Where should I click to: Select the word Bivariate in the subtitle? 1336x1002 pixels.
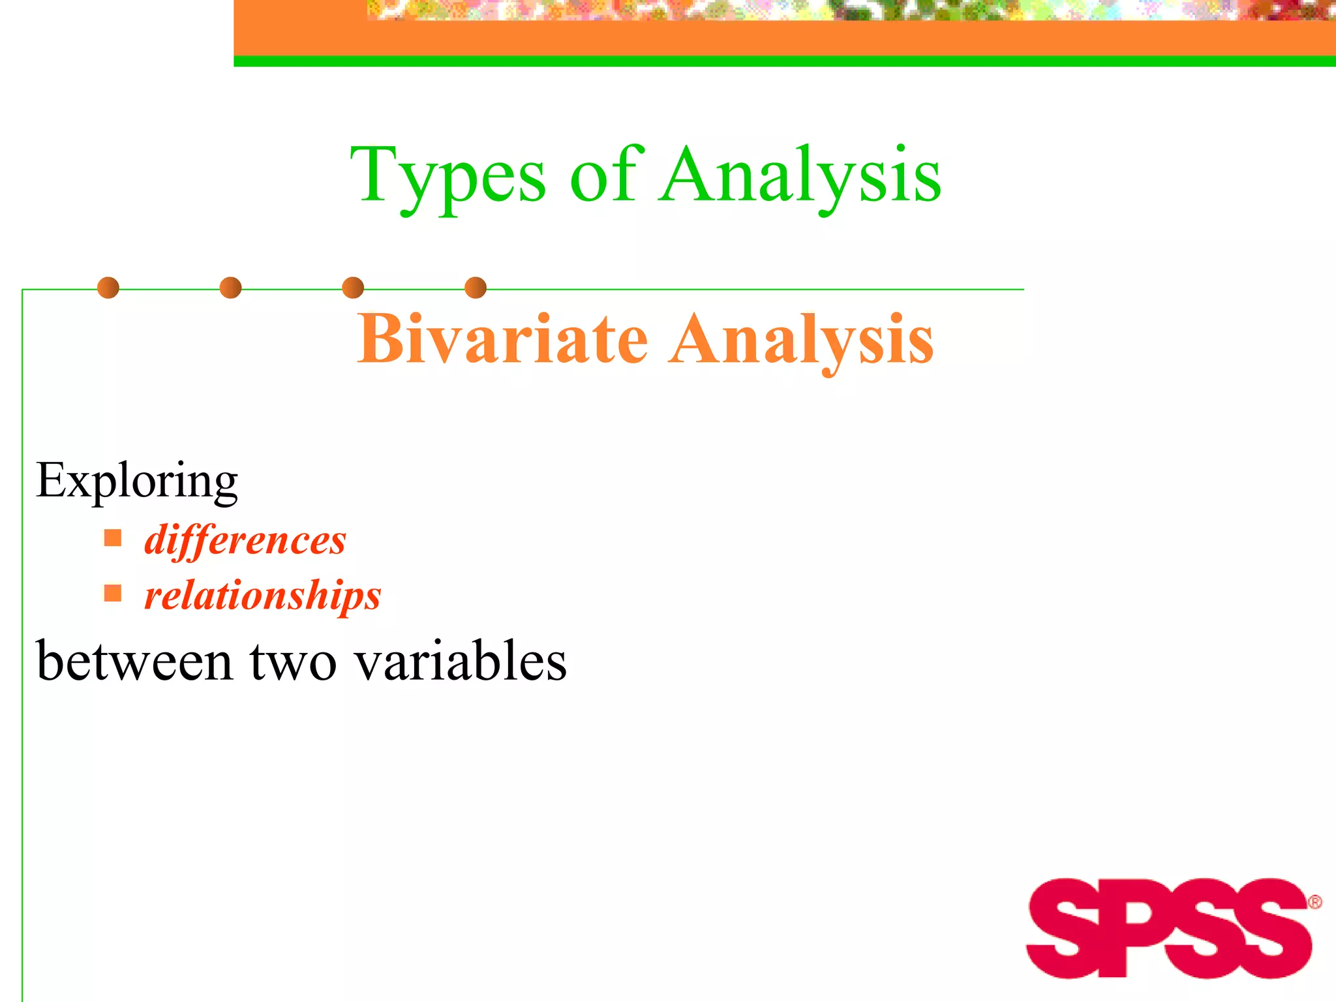pyautogui.click(x=502, y=339)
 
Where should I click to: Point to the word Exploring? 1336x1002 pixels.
pyautogui.click(x=137, y=481)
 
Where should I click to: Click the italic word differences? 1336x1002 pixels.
pyautogui.click(x=245, y=541)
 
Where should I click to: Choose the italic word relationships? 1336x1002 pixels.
pyautogui.click(x=262, y=596)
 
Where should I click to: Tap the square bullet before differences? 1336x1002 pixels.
pyautogui.click(x=113, y=538)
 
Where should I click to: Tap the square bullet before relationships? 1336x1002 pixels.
pyautogui.click(x=113, y=593)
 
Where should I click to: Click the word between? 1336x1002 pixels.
pyautogui.click(x=134, y=661)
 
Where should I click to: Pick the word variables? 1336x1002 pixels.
pyautogui.click(x=461, y=661)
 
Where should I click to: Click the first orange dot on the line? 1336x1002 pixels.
pyautogui.click(x=108, y=288)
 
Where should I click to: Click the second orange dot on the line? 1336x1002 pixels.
pyautogui.click(x=230, y=288)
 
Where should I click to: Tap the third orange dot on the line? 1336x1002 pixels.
pyautogui.click(x=353, y=288)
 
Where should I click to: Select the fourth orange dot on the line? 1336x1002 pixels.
pyautogui.click(x=476, y=288)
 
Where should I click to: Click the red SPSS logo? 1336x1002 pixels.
pyautogui.click(x=1168, y=928)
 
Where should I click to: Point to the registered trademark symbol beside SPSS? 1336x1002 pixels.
pyautogui.click(x=1314, y=902)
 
